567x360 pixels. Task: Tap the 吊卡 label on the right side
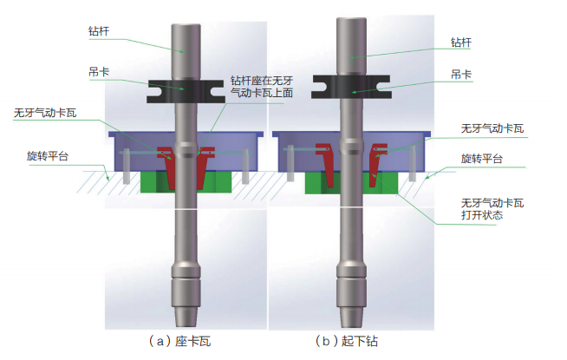462,75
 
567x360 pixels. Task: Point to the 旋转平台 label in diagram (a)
47,156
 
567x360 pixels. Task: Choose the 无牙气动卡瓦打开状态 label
492,208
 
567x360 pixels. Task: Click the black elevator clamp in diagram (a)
183,88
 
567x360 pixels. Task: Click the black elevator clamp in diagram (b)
352,83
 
